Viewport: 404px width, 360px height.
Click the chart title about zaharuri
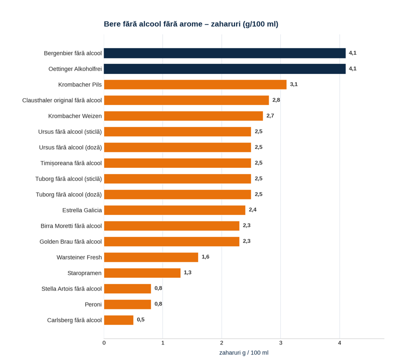tap(191, 24)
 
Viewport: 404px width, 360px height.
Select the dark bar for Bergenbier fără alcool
tap(225, 53)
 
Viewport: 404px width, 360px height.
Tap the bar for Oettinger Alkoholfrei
tap(225, 69)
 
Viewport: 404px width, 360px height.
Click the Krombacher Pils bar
tap(195, 85)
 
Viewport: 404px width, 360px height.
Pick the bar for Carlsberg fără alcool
tap(119, 320)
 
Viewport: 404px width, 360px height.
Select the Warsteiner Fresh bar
tap(151, 257)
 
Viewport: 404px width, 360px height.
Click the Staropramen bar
tap(142, 273)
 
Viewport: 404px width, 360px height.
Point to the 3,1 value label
tap(294, 84)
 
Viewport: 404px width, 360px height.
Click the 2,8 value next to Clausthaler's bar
tap(276, 100)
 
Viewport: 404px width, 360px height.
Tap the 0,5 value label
tap(141, 320)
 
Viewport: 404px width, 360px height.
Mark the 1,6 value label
tap(205, 257)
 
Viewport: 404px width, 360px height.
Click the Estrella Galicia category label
tap(82, 210)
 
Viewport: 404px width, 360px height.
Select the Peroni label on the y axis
tap(93, 305)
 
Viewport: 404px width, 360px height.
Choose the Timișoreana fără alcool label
tap(71, 163)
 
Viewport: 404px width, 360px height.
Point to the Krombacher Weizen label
tap(75, 116)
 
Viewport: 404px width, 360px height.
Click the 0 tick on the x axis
tap(104, 343)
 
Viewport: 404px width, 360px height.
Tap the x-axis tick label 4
tap(340, 343)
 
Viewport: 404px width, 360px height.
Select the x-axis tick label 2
tap(222, 343)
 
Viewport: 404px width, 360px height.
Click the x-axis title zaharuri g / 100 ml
tap(244, 353)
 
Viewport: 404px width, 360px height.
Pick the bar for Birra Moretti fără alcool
tap(172, 226)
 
